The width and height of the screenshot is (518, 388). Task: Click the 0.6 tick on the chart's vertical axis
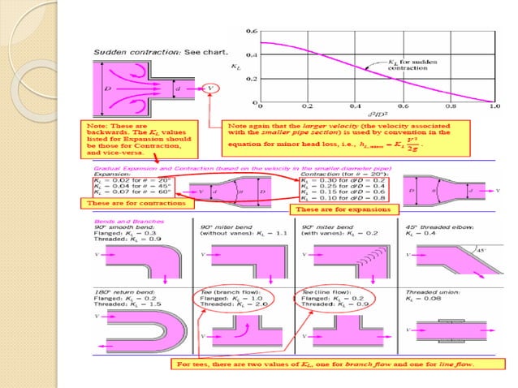click(x=252, y=31)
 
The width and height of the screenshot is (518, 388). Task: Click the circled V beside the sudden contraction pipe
click(x=211, y=88)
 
